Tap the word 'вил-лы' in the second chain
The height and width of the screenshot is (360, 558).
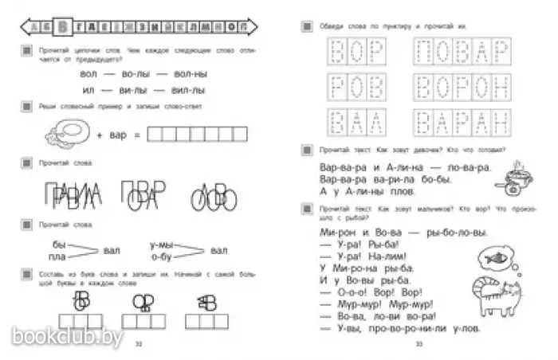coord(190,92)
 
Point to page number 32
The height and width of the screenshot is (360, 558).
coord(138,344)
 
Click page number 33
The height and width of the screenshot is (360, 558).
coord(418,344)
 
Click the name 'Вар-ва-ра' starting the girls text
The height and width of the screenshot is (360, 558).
coord(333,169)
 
